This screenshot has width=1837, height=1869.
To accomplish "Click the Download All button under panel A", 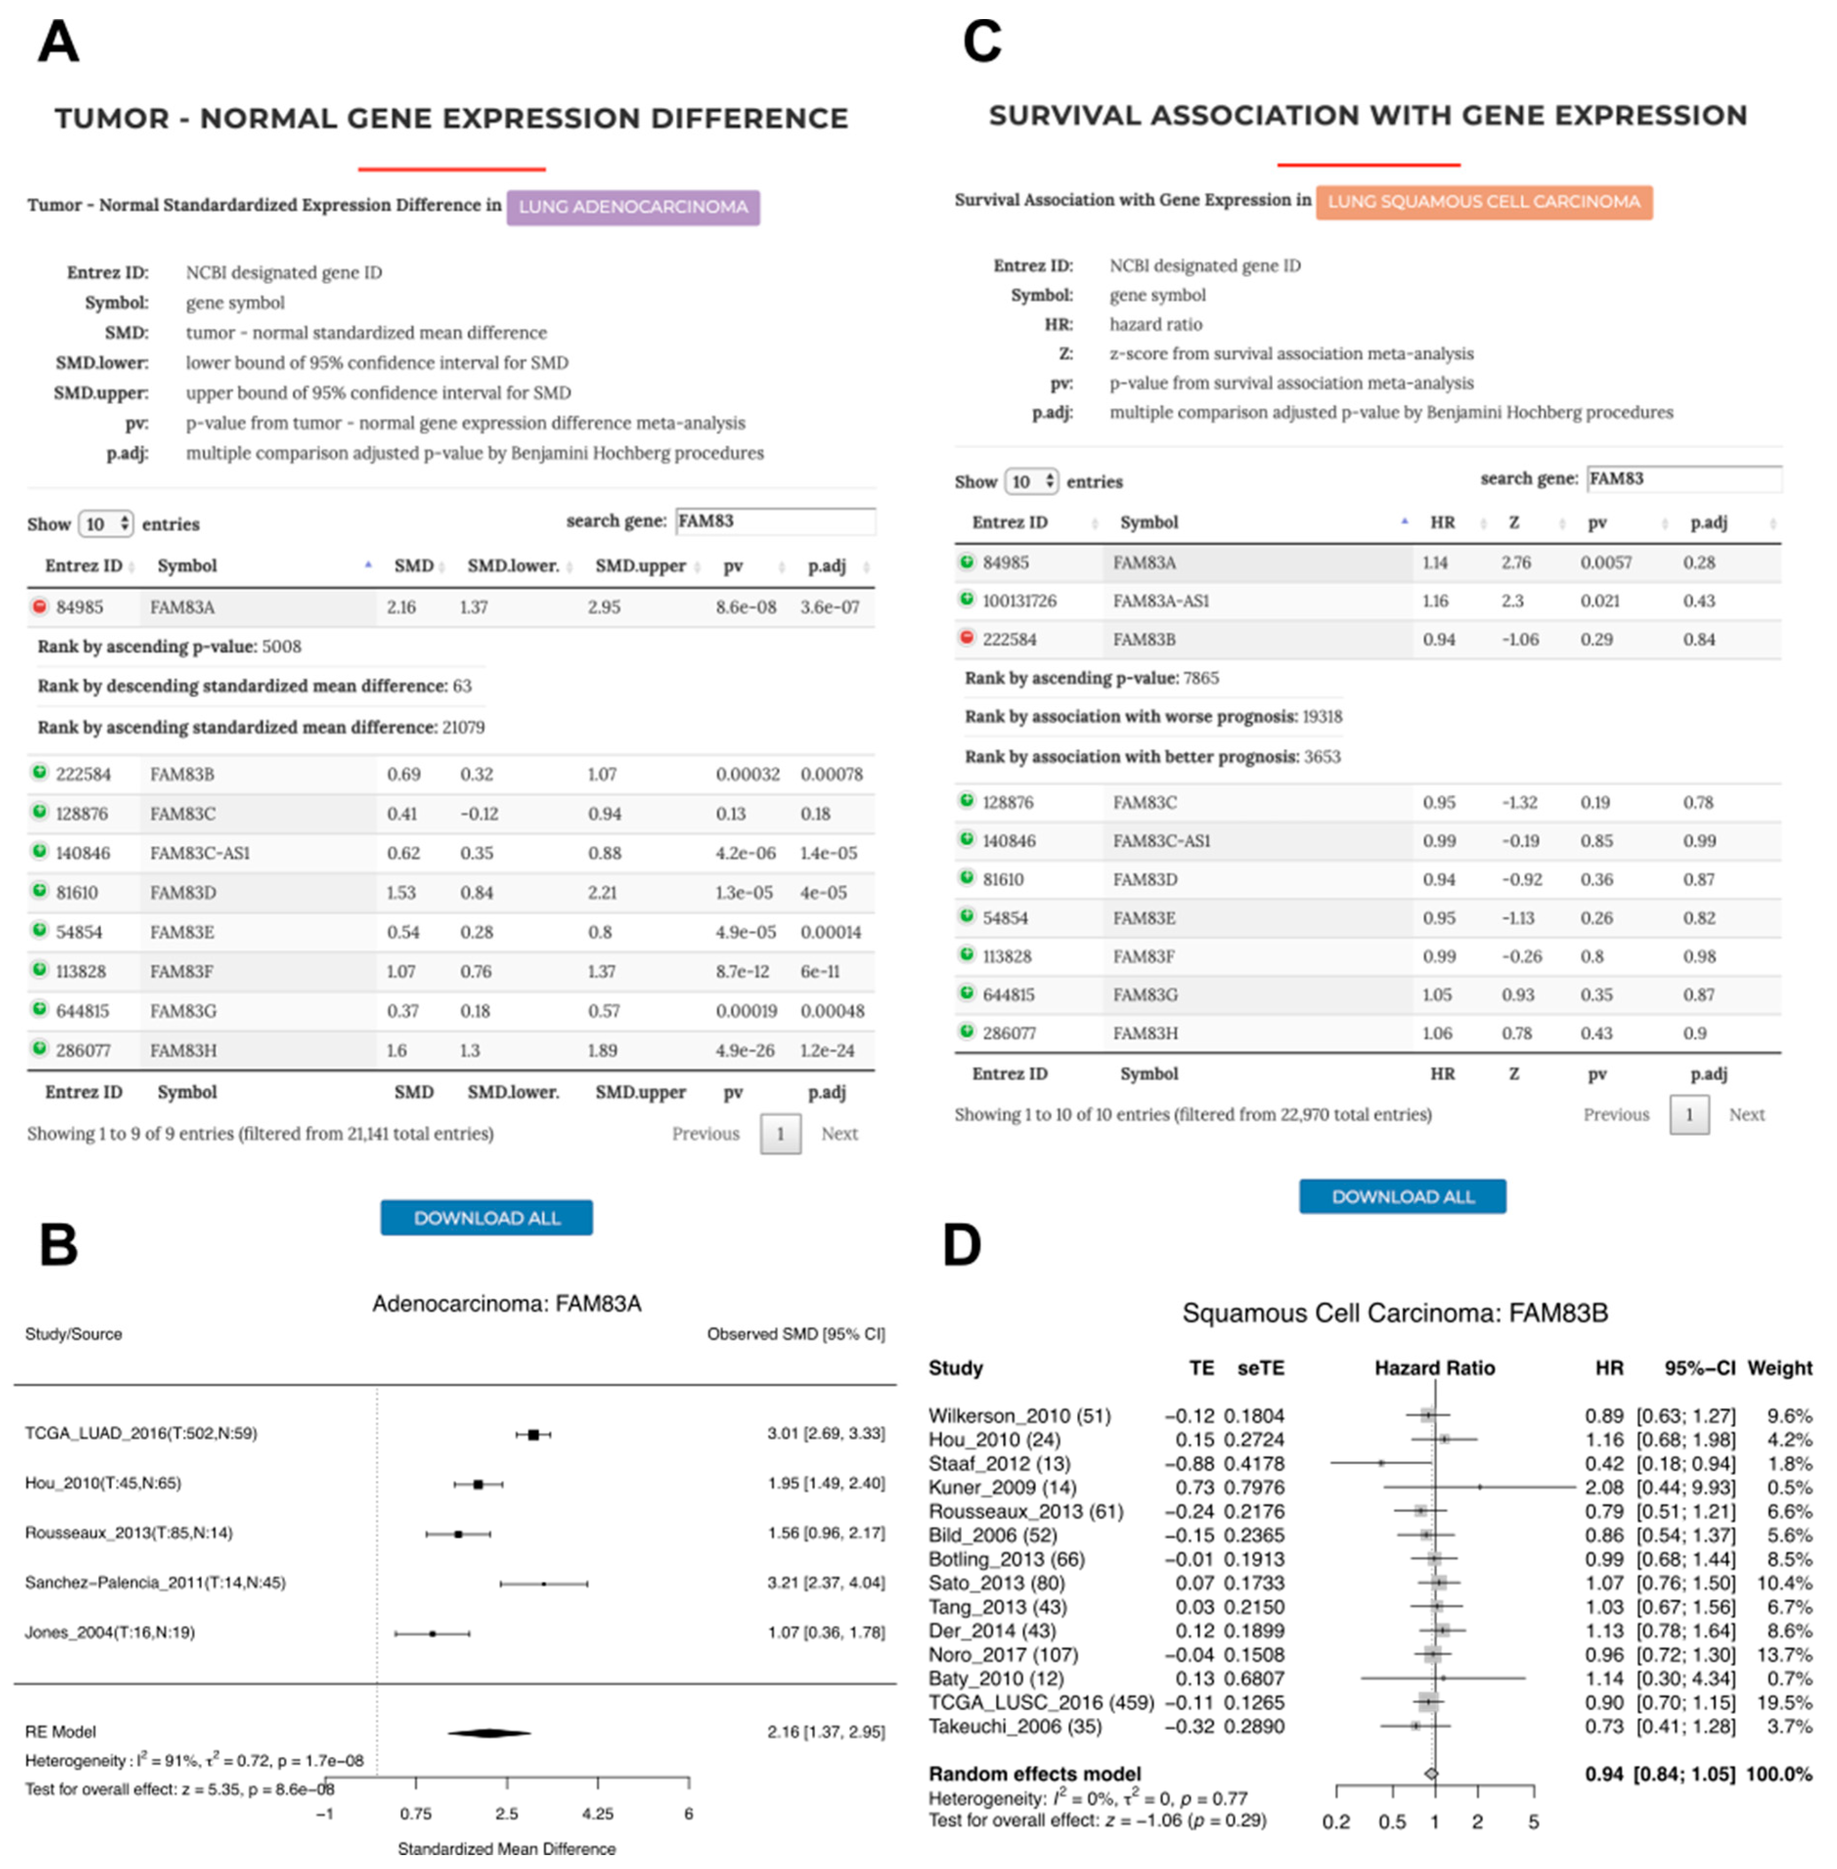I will (x=486, y=1218).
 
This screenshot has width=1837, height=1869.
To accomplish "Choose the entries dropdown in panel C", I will (x=1031, y=481).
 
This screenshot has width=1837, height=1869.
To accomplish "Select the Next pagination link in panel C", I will (x=1746, y=1115).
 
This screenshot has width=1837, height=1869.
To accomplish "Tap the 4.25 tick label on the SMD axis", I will (x=597, y=1813).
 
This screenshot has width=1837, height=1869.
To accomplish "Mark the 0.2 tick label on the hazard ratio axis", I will (x=1335, y=1822).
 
